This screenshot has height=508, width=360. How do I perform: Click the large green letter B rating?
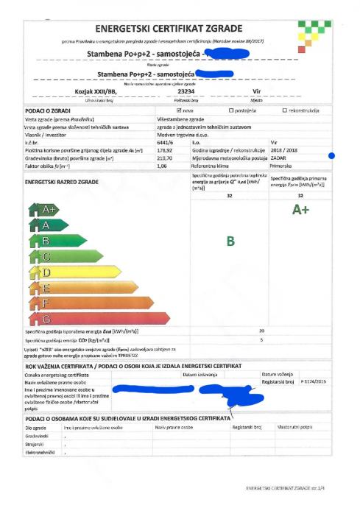click(x=230, y=241)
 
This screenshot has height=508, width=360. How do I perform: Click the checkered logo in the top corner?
click(x=314, y=29)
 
